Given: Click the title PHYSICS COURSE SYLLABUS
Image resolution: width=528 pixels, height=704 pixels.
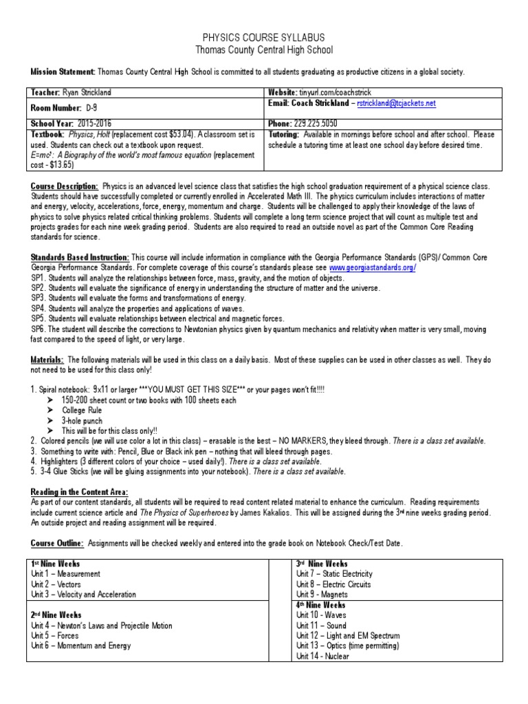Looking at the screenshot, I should (x=264, y=37).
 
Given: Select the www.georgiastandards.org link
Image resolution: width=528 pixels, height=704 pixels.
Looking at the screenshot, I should (x=372, y=267).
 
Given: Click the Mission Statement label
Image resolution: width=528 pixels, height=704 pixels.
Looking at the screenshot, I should (x=62, y=71).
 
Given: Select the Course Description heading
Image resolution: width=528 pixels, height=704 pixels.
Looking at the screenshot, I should (x=65, y=186).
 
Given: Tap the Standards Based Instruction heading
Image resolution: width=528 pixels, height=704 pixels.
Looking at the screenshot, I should (x=80, y=257).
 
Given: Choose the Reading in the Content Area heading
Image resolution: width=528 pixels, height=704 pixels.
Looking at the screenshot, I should (x=78, y=492).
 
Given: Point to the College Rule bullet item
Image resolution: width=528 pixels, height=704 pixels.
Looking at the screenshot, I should (x=84, y=410).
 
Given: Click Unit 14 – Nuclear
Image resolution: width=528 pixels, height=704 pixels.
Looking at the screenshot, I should (x=322, y=656).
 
